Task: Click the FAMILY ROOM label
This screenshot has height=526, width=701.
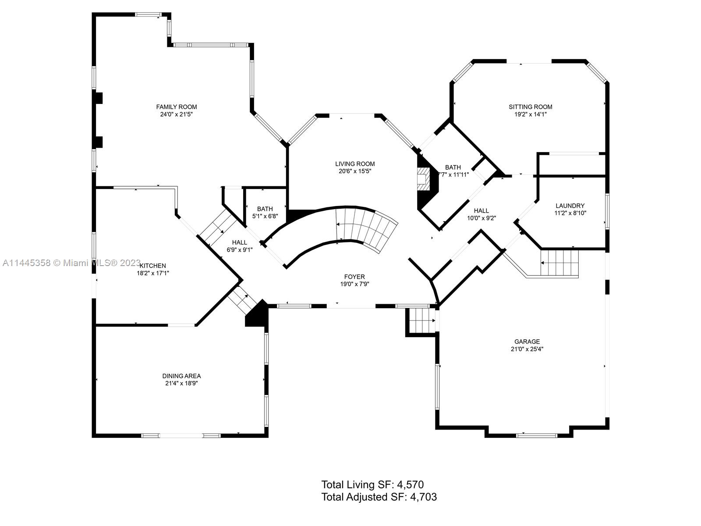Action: click(177, 107)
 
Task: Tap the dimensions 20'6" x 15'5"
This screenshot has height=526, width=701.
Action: click(355, 171)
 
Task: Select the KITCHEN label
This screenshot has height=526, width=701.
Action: click(153, 266)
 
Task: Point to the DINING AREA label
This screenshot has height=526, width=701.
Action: click(181, 376)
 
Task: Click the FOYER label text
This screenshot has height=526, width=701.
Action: click(354, 277)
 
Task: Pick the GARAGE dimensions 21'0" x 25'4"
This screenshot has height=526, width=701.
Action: click(527, 349)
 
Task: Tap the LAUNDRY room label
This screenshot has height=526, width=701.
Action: click(570, 206)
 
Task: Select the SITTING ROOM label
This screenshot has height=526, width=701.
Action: click(530, 107)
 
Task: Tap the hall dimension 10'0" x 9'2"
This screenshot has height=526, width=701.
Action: click(481, 218)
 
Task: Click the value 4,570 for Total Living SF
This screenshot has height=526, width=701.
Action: click(410, 484)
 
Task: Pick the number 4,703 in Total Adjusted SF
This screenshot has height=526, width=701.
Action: click(423, 497)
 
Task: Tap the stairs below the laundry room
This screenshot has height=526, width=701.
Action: click(559, 263)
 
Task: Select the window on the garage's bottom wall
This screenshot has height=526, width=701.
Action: click(536, 435)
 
